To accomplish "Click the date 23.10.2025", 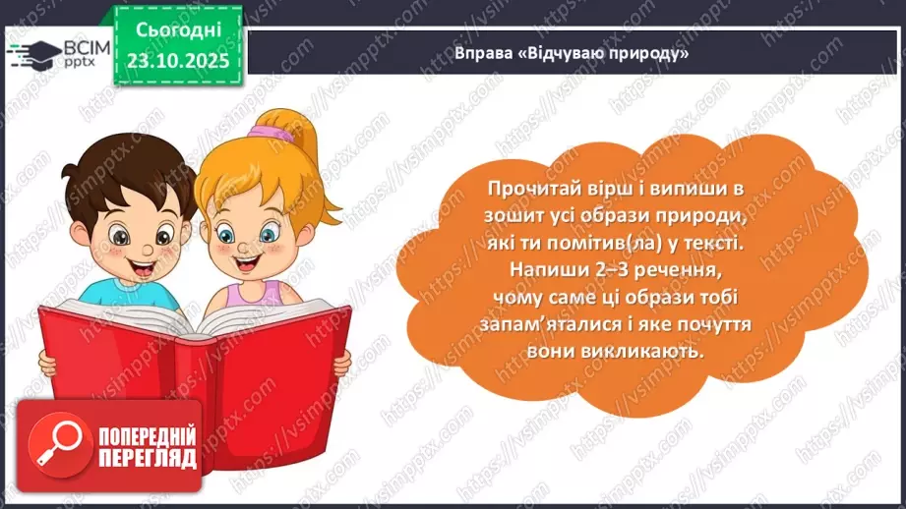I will click(177, 62).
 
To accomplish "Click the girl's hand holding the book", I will click(340, 365).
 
